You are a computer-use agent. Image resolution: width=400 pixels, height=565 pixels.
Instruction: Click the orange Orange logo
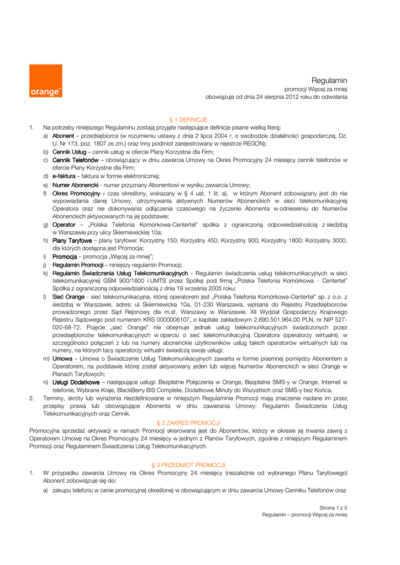click(x=45, y=81)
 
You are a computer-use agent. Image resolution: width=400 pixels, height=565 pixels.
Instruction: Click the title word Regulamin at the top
click(x=329, y=81)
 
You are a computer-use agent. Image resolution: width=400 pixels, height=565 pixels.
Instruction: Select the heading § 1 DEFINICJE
click(x=188, y=119)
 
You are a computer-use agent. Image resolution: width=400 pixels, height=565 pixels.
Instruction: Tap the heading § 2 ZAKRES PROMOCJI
click(x=188, y=423)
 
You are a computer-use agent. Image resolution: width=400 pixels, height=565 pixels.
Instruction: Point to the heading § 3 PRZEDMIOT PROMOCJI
click(x=188, y=465)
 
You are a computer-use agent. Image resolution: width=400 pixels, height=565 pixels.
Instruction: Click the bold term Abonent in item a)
click(x=63, y=135)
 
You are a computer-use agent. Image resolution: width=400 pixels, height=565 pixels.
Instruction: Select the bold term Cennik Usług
click(x=69, y=152)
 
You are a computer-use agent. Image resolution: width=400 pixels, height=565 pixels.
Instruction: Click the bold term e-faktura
click(x=64, y=177)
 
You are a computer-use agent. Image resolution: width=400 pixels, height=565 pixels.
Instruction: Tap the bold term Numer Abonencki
click(x=75, y=185)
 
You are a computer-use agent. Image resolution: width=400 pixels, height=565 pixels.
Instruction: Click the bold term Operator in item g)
click(x=64, y=225)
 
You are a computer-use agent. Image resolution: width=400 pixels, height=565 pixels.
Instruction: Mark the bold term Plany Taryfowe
click(x=72, y=241)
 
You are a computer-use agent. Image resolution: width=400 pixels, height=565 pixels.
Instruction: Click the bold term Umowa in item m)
click(x=62, y=359)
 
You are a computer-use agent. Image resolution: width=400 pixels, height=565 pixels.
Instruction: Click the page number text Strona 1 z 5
click(x=333, y=507)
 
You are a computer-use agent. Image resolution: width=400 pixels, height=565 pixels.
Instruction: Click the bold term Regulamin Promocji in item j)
click(x=78, y=265)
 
